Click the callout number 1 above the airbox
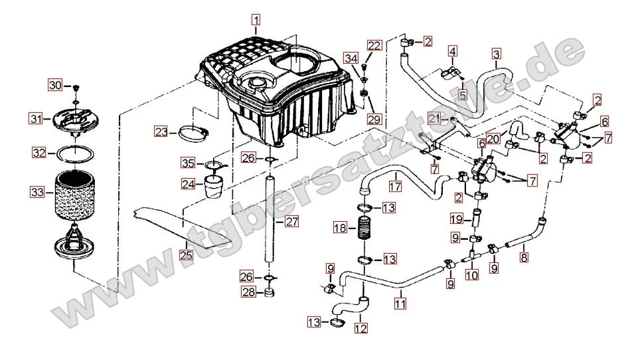pyautogui.click(x=256, y=19)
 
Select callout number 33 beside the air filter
pyautogui.click(x=35, y=193)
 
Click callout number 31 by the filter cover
pyautogui.click(x=35, y=119)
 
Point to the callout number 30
pyautogui.click(x=54, y=85)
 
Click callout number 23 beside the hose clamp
pyautogui.click(x=161, y=132)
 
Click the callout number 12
pyautogui.click(x=360, y=327)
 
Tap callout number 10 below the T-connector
pyautogui.click(x=471, y=275)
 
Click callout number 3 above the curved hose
pyautogui.click(x=497, y=53)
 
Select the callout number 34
pyautogui.click(x=351, y=58)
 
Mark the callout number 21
pyautogui.click(x=434, y=118)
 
